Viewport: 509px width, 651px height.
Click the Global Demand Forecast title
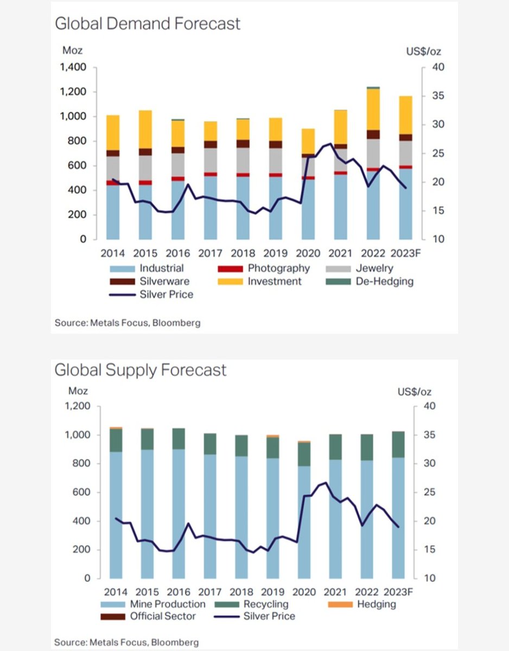click(147, 24)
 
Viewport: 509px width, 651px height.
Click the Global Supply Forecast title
click(140, 371)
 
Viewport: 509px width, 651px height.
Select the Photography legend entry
click(278, 268)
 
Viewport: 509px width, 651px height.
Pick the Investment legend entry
click(275, 281)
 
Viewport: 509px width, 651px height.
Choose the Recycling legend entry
click(265, 604)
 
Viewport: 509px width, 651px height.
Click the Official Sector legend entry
click(162, 616)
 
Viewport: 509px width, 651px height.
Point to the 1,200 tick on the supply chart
click(77, 406)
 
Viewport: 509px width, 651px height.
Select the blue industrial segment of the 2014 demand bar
click(112, 212)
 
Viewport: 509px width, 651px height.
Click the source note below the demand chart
click(128, 323)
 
